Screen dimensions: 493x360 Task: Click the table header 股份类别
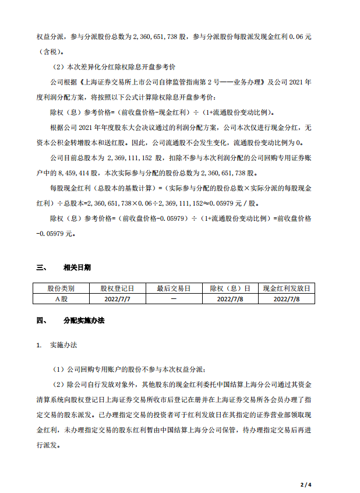61,288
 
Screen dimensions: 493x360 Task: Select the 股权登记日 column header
117,288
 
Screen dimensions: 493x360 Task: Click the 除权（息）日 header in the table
230,288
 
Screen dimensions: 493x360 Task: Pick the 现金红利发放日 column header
286,288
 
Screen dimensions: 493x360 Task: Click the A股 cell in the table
61,298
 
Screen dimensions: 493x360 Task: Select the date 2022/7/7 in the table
117,298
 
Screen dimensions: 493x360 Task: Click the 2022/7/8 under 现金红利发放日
286,298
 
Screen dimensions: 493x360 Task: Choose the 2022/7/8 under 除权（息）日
230,298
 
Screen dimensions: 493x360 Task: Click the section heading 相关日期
77,267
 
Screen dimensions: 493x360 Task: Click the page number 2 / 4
306,484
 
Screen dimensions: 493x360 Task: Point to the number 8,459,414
85,173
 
